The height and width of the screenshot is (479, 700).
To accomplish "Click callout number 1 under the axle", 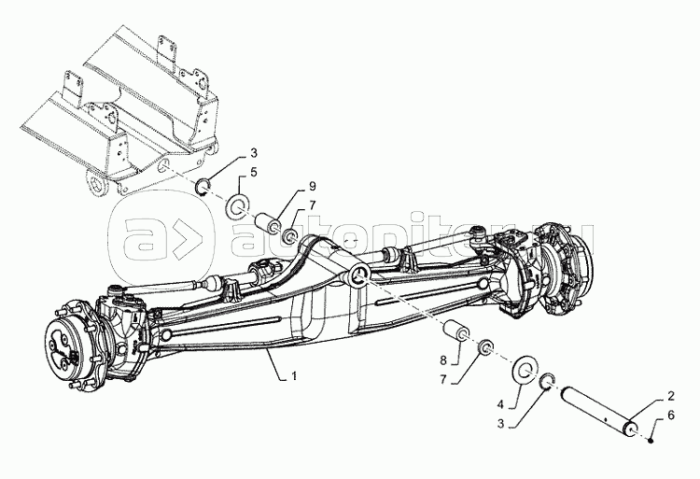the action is (x=294, y=376).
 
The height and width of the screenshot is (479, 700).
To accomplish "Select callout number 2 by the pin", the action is (x=671, y=396).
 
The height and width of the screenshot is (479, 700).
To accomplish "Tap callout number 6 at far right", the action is (x=671, y=416).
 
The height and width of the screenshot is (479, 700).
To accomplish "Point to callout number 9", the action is (x=312, y=186).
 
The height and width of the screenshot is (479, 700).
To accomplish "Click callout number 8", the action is (x=443, y=359).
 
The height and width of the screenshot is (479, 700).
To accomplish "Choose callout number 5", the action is (x=254, y=173).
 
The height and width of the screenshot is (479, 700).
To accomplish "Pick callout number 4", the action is (x=500, y=404).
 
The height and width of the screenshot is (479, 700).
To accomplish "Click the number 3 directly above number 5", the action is (x=254, y=153).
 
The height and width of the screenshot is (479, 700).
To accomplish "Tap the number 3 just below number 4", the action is (x=500, y=424).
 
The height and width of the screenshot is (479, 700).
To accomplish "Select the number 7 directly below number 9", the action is (x=312, y=205).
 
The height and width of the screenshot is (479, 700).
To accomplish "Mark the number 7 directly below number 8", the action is (x=443, y=379).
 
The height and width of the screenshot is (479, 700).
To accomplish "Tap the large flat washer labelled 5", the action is (x=240, y=205).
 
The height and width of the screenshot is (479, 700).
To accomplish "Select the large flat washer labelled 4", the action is (x=525, y=369).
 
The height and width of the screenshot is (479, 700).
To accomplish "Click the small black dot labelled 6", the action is (x=651, y=441).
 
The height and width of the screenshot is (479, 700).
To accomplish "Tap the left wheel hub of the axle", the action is (x=74, y=346).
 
